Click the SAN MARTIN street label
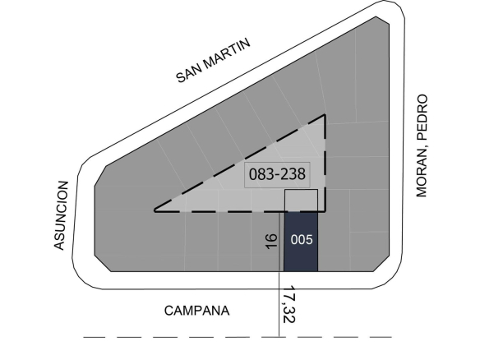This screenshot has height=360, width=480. tap(214, 60)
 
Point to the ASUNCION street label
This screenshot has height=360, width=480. tap(61, 215)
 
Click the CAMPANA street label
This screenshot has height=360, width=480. tap(196, 311)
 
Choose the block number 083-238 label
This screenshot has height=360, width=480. tap(277, 174)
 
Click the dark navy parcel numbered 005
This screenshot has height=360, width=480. tap(301, 241)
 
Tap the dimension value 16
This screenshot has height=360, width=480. tap(271, 242)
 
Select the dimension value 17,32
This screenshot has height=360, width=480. tap(288, 304)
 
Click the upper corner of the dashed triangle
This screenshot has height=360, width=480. tap(325, 115)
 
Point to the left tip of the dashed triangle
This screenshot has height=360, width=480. tap(155, 210)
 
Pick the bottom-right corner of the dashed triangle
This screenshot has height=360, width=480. tap(325, 211)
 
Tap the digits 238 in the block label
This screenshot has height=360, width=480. tap(293, 174)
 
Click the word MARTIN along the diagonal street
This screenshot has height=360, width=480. tap(227, 53)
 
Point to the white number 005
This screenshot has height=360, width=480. tap(302, 240)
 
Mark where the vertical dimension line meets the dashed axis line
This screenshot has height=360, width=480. tap(279, 337)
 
